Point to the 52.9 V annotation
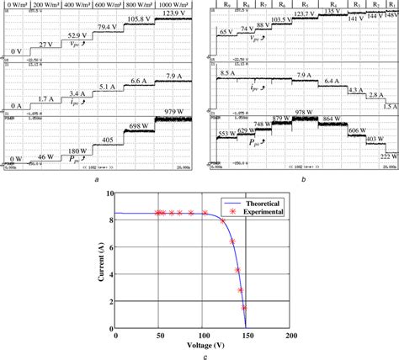(x=78, y=36)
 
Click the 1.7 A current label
(x=45, y=98)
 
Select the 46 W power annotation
(x=45, y=156)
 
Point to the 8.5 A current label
(x=227, y=74)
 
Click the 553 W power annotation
(x=226, y=134)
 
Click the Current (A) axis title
(x=102, y=261)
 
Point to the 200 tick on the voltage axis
(x=290, y=335)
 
